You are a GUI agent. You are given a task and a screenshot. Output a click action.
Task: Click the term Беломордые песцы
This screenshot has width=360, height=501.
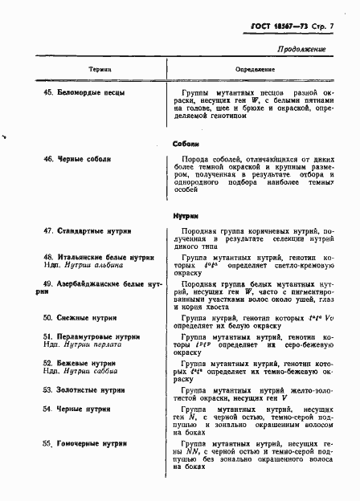click(90, 93)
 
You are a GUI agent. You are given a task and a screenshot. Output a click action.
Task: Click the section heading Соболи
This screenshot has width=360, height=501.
click(186, 144)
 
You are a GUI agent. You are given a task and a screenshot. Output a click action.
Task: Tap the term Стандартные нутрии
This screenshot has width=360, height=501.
click(92, 231)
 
